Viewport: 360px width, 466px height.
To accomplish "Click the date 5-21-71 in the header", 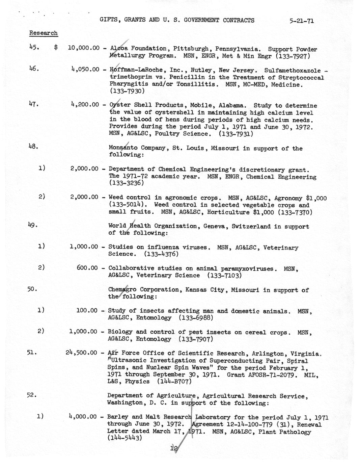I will [x=301, y=21].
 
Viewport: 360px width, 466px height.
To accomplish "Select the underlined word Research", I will [x=43, y=33].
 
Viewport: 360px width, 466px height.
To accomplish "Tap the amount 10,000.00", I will [x=83, y=48].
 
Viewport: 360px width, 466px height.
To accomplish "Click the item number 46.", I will [x=33, y=69].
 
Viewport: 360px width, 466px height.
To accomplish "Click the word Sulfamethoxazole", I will [x=292, y=71].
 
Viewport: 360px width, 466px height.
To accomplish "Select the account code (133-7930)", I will [x=127, y=91].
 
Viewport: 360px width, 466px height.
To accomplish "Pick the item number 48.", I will [x=33, y=147].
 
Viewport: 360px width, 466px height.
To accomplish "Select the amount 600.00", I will [x=87, y=268].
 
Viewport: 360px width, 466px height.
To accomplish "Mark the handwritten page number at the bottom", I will [x=174, y=448].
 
